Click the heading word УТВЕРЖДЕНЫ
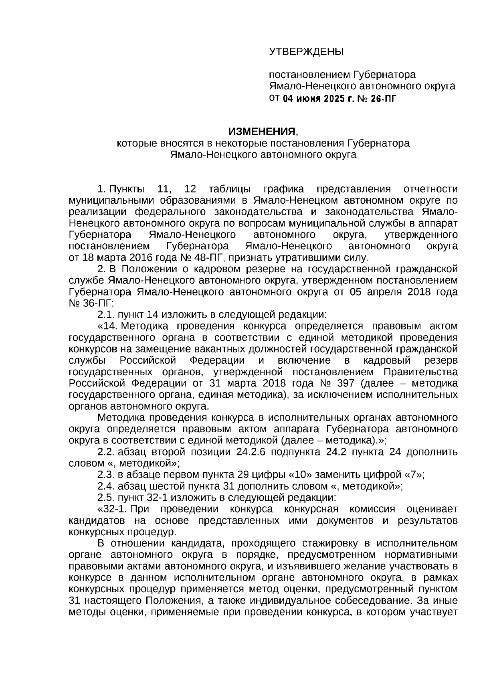click(x=306, y=52)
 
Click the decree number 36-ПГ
click(x=97, y=303)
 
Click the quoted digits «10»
click(x=299, y=475)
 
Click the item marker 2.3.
click(x=106, y=475)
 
